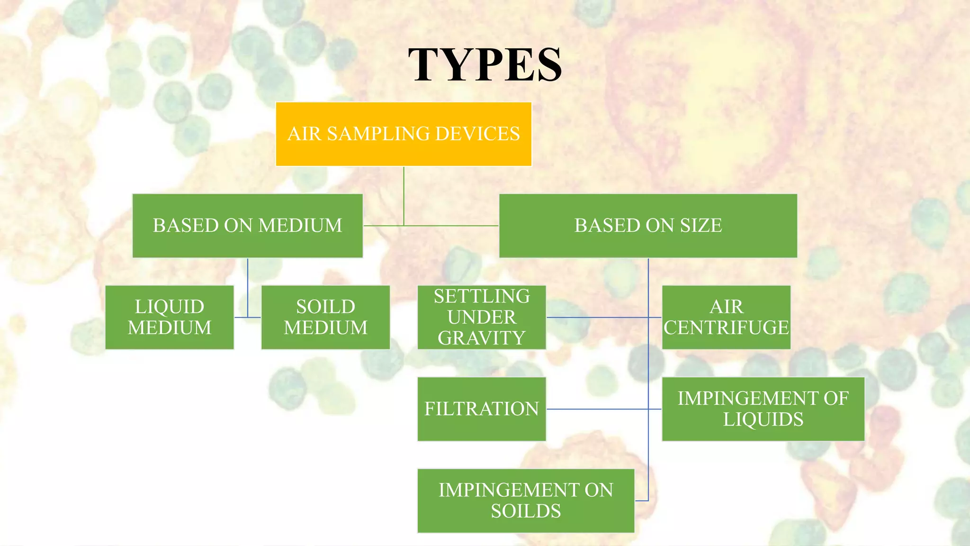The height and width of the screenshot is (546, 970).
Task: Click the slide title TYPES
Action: coord(485,65)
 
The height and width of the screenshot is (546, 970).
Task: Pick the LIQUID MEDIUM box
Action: coord(170,317)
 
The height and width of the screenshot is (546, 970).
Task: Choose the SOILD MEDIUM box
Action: coord(325,317)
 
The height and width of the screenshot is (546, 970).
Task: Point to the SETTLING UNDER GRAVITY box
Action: coord(482,317)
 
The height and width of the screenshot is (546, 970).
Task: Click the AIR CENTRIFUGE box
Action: coord(726,317)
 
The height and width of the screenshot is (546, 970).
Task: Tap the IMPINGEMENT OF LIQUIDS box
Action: coord(763,409)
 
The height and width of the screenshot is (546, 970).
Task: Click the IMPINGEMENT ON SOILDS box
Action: coord(526,500)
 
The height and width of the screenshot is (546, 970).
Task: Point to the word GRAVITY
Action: coord(482,338)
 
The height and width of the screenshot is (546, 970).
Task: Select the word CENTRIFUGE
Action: coord(726,328)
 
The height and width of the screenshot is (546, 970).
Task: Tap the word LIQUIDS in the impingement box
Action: coord(763,419)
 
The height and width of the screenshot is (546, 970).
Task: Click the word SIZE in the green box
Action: coord(701,226)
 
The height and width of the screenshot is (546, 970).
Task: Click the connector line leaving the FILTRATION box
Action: coord(597,409)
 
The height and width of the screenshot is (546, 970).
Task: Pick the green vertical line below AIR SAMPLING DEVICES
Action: coord(404,194)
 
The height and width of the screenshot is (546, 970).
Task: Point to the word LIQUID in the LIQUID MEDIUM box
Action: coord(170,307)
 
